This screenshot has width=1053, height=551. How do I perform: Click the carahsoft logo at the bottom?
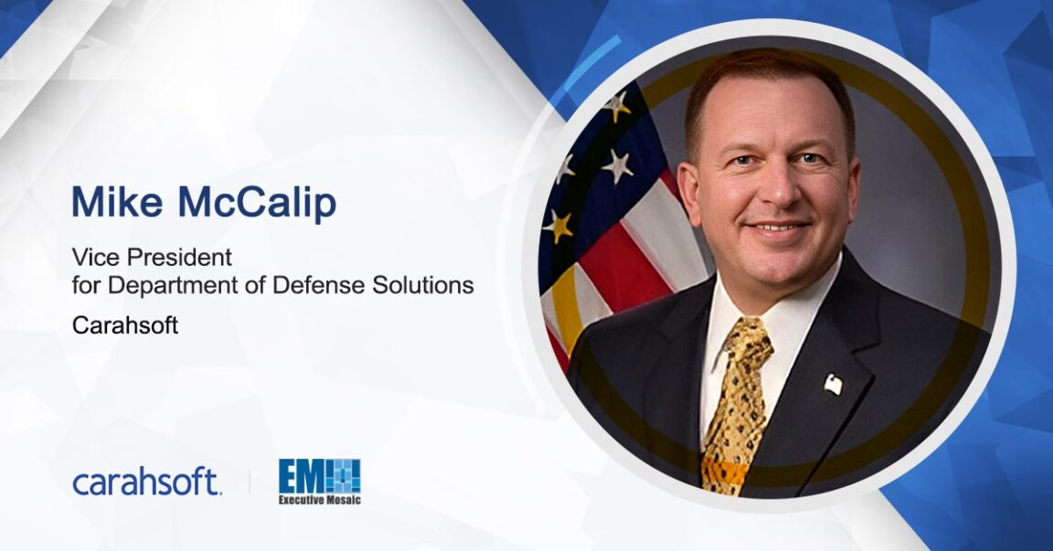pyautogui.click(x=146, y=482)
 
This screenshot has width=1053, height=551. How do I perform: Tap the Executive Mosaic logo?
pyautogui.click(x=319, y=481)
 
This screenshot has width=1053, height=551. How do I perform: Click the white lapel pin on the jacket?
pyautogui.click(x=833, y=384)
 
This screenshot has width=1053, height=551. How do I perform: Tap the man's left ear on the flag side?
pyautogui.click(x=687, y=183)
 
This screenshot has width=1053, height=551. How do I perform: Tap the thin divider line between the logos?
pyautogui.click(x=250, y=482)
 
